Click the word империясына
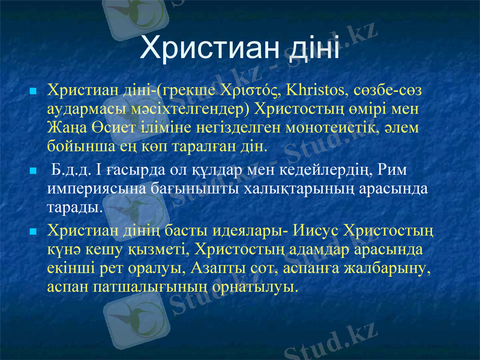pyautogui.click(x=93, y=189)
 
